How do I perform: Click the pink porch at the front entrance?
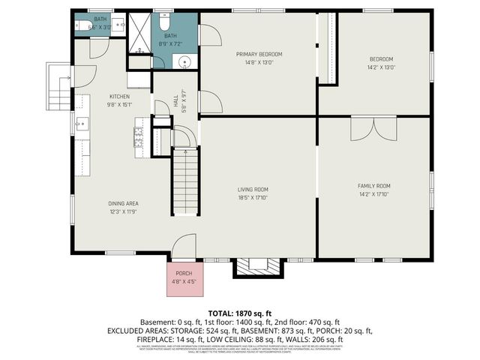pyautogui.click(x=184, y=277)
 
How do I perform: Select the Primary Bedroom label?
pyautogui.click(x=259, y=54)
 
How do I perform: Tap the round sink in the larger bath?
pyautogui.click(x=185, y=61)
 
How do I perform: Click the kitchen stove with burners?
pyautogui.click(x=139, y=136)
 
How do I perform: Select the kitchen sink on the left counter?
pyautogui.click(x=82, y=124)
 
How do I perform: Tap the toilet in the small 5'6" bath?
pyautogui.click(x=82, y=25)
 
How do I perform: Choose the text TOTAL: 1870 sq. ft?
pyautogui.click(x=239, y=313)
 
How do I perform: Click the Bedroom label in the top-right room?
pyautogui.click(x=380, y=58)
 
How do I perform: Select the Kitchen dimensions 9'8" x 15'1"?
pyautogui.click(x=120, y=105)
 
